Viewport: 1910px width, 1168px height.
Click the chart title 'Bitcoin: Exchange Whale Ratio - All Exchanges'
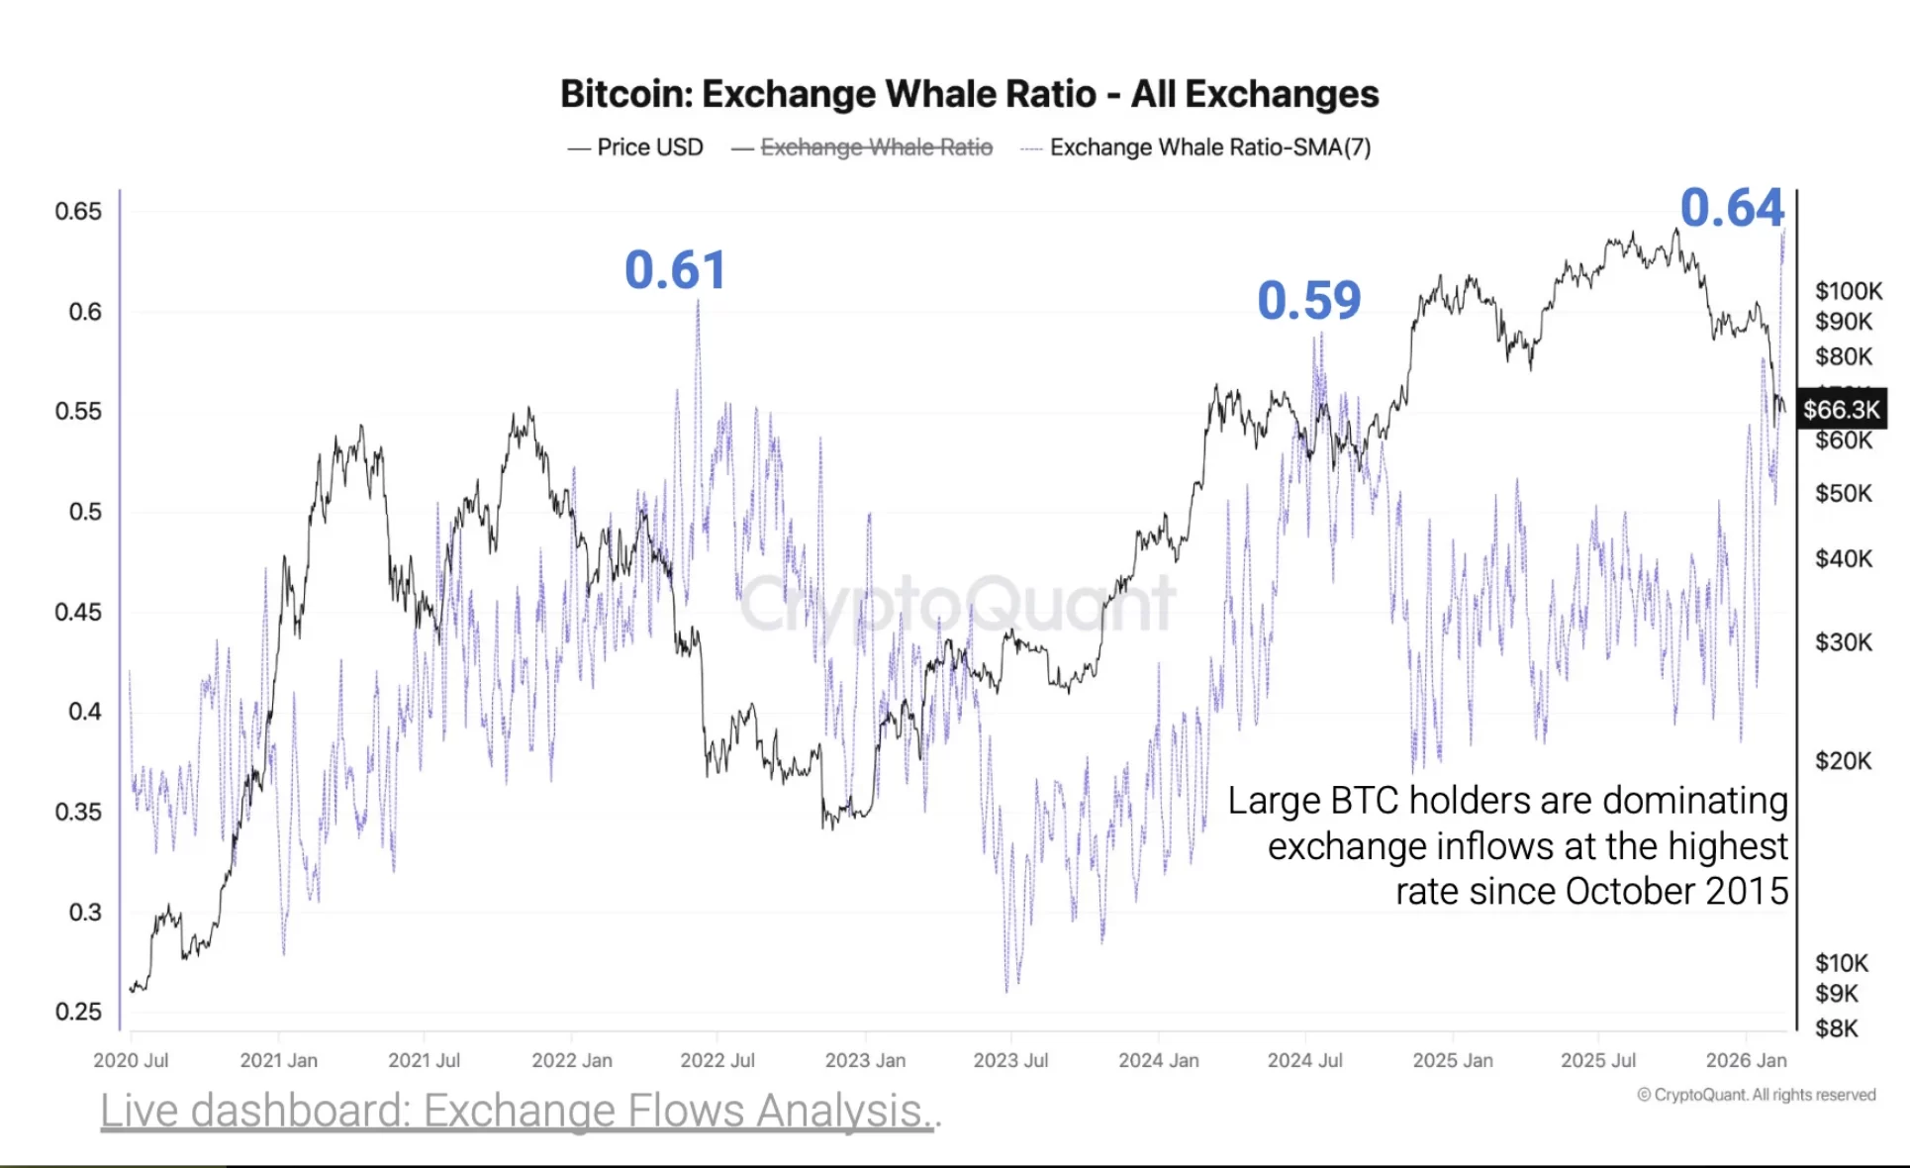(x=969, y=94)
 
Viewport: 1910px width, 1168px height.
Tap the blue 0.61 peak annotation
(x=676, y=270)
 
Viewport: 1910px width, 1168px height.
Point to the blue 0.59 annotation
(x=1308, y=301)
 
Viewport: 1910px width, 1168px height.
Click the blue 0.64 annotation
(x=1732, y=208)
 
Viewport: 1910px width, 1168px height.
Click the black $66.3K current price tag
(x=1841, y=410)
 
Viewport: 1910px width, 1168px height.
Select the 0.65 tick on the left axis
(x=78, y=211)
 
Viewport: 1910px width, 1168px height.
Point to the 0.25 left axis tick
(x=78, y=1012)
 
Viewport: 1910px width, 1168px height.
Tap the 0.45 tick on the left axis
(x=78, y=612)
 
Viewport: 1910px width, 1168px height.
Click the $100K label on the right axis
(x=1848, y=291)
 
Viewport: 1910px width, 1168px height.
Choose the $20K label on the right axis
(x=1843, y=761)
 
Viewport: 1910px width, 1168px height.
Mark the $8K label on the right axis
(x=1836, y=1029)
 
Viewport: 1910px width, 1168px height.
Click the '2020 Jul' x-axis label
(x=131, y=1060)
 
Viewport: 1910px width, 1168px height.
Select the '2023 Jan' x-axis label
(x=865, y=1060)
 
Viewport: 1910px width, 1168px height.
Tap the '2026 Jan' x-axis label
(x=1746, y=1060)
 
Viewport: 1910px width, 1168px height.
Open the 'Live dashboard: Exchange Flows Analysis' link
(x=519, y=1111)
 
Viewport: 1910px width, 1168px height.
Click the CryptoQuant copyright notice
(x=1756, y=1095)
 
